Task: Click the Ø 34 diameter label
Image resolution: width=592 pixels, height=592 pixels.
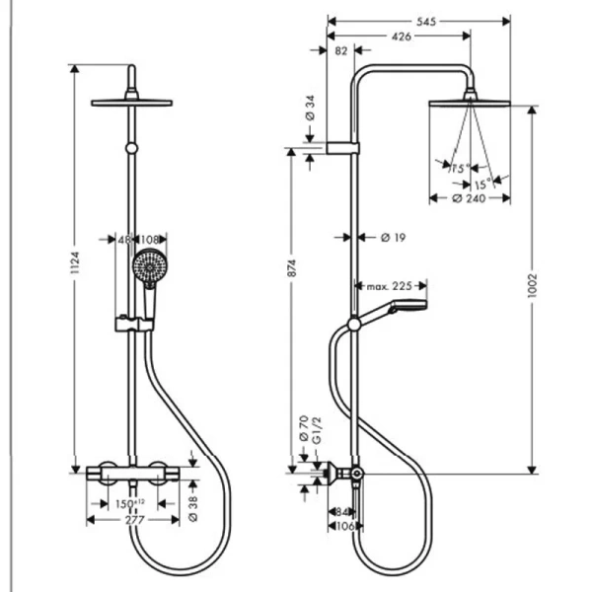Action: click(309, 113)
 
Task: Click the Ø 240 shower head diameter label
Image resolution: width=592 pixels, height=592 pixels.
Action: click(470, 198)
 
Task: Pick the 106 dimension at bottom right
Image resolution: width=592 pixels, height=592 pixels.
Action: click(340, 526)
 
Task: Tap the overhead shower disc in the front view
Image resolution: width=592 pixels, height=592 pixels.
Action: click(131, 101)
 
